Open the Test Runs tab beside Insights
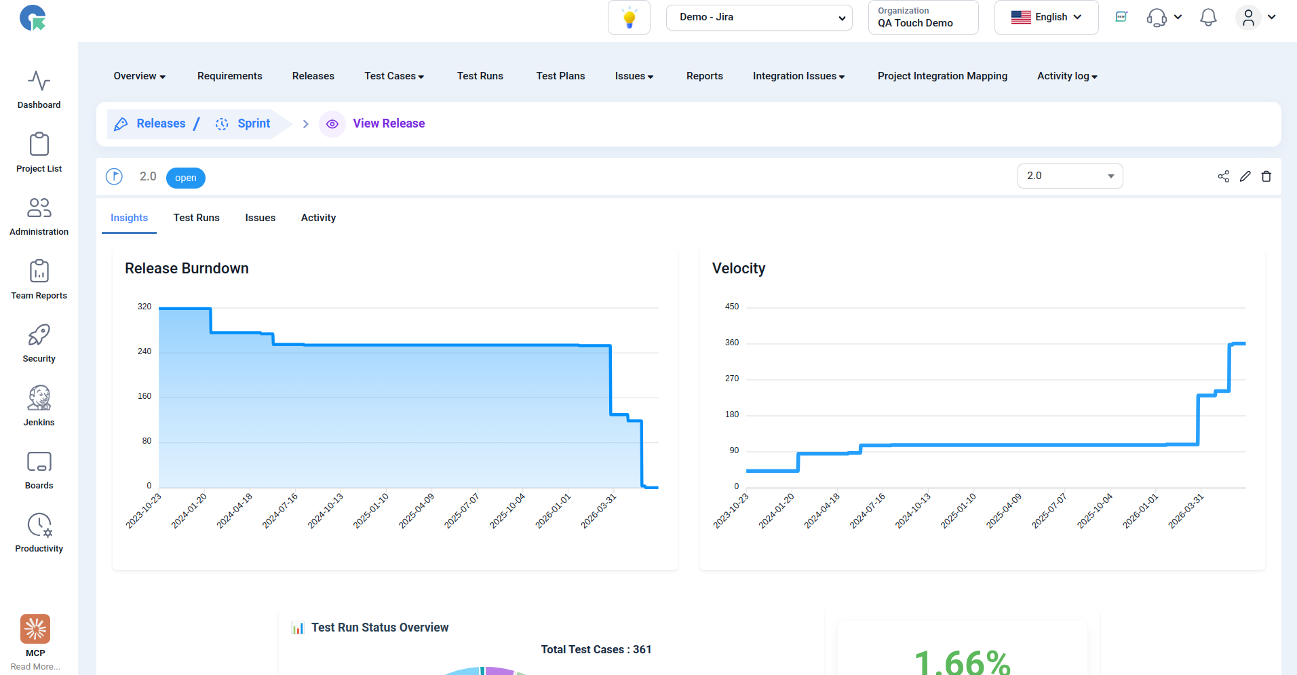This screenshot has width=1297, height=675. tap(196, 218)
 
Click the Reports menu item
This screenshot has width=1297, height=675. tap(704, 76)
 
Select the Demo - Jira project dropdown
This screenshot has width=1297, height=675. tap(759, 18)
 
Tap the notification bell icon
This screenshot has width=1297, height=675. tap(1208, 18)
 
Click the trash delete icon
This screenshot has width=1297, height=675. tap(1266, 176)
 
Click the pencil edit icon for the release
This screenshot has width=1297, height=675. tap(1245, 176)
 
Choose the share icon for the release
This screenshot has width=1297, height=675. tap(1224, 176)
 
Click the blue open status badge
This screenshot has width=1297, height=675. tap(186, 178)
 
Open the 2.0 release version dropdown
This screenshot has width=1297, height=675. tap(1070, 176)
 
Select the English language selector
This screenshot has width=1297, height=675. tap(1046, 18)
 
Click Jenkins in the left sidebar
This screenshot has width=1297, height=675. tap(39, 406)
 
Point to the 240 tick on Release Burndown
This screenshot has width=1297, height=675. tap(144, 351)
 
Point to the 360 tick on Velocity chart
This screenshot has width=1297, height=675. tap(732, 343)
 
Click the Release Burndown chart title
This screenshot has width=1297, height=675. tap(187, 269)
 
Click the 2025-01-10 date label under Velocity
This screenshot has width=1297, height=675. tap(959, 511)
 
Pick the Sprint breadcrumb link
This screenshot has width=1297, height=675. tap(254, 123)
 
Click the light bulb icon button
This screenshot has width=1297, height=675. tap(630, 18)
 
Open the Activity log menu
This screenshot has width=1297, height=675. tap(1067, 76)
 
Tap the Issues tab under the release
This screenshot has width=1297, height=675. tap(260, 218)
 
